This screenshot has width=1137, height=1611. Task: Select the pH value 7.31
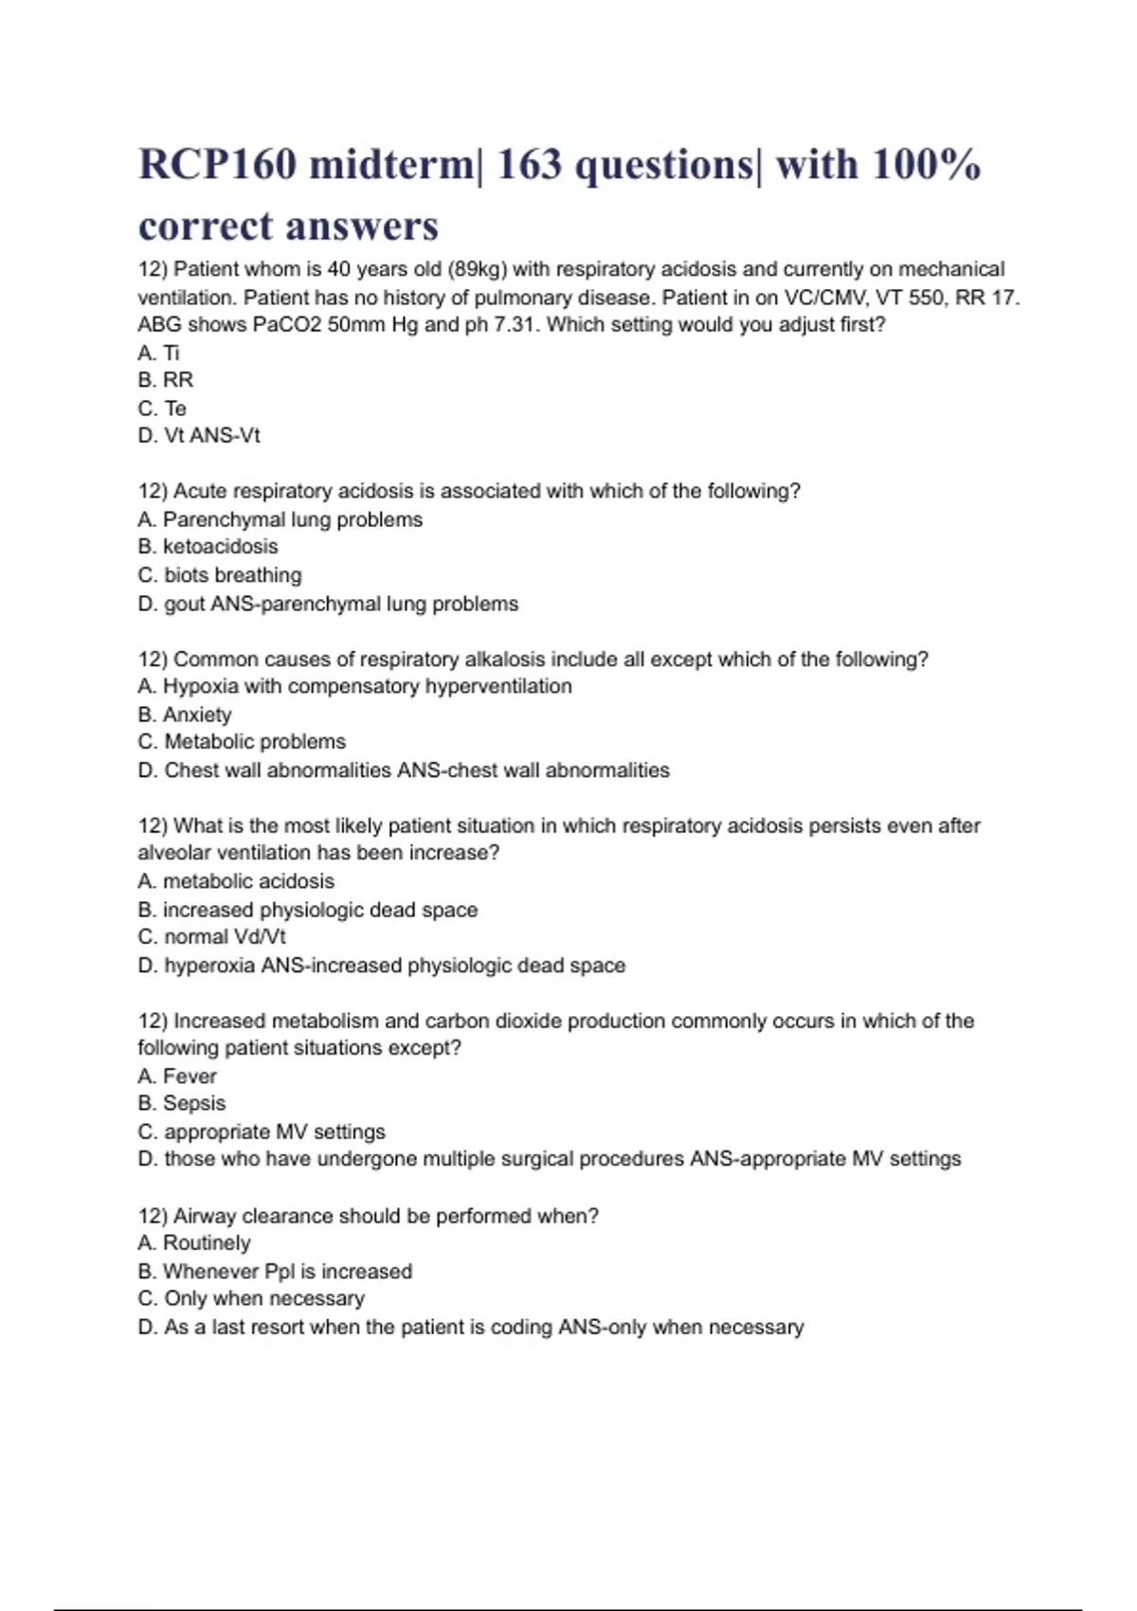[x=515, y=324]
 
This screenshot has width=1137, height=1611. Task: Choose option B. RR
[x=166, y=380]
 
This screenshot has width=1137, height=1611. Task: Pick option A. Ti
[x=158, y=353]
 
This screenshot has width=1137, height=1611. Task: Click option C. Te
[x=162, y=408]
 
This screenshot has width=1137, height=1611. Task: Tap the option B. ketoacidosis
[x=208, y=547]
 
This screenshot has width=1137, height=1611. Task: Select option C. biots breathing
[x=220, y=575]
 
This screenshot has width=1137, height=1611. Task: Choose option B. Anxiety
[x=185, y=715]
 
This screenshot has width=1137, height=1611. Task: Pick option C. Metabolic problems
[x=242, y=742]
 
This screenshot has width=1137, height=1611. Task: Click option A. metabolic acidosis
[x=236, y=881]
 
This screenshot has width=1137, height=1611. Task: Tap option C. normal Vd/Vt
[x=211, y=937]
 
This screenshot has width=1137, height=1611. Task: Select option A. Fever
[x=177, y=1077]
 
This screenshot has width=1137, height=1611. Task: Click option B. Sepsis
[x=182, y=1103]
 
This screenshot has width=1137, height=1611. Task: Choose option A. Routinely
[x=194, y=1242]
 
